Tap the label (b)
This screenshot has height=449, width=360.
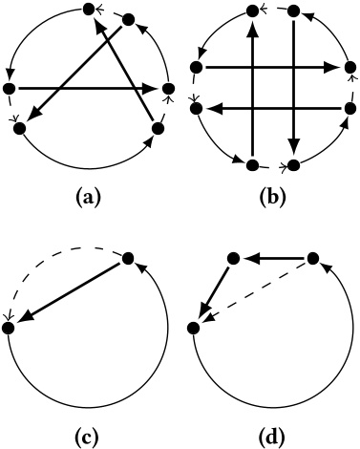coord(270,199)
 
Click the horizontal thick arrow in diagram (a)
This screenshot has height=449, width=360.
coord(86,89)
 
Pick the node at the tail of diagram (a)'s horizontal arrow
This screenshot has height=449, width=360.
coord(11,89)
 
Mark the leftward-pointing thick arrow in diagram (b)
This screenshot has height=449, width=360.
coord(272,109)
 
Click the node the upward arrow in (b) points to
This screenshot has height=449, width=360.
coord(252,11)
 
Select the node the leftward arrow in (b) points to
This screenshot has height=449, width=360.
coord(196,109)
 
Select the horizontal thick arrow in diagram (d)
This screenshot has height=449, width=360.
coord(271,257)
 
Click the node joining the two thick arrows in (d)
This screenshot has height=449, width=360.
coord(231,257)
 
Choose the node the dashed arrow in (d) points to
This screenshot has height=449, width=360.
coord(194,327)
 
